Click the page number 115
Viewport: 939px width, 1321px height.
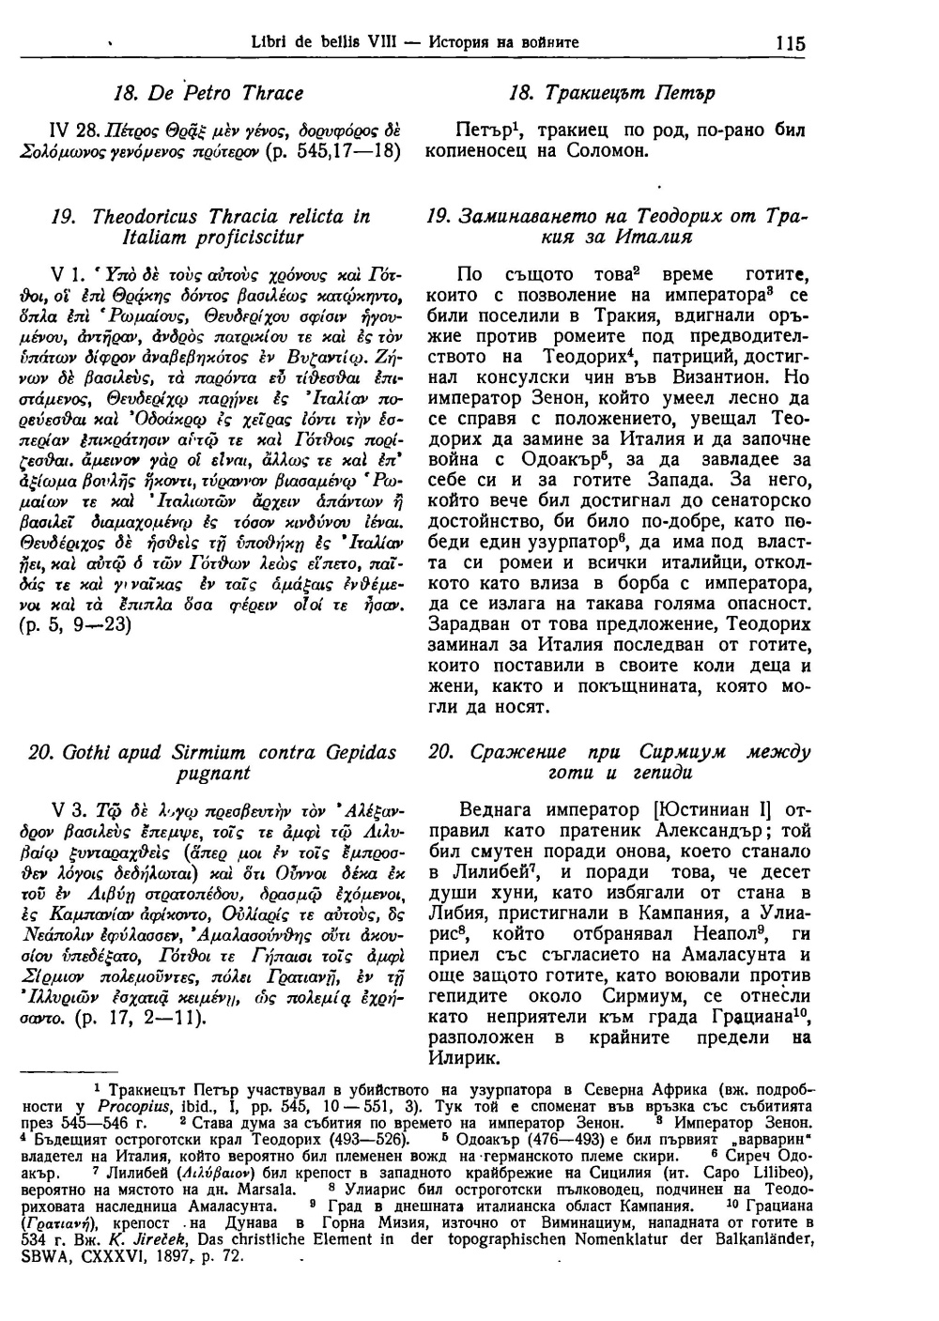[791, 42]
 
